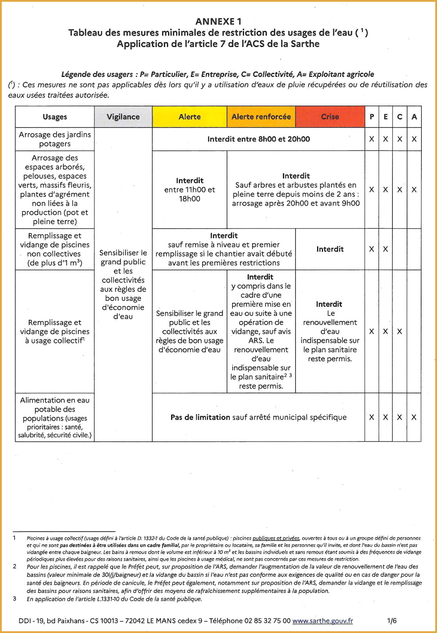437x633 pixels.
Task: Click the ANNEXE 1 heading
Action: coord(218,22)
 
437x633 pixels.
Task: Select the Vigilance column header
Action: coord(123,117)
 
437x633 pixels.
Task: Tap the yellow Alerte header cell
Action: coord(189,117)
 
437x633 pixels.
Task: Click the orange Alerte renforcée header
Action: coord(261,117)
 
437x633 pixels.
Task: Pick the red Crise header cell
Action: coord(330,117)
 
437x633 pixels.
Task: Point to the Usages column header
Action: coord(55,117)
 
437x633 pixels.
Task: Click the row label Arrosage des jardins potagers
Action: coord(55,139)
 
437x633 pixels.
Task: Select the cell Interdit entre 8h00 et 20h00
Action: coord(258,139)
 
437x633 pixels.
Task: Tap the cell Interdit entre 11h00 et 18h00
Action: coord(189,189)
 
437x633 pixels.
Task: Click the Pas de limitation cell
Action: coord(258,417)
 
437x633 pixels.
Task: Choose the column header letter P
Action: coord(372,117)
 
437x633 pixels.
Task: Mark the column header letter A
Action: coord(414,117)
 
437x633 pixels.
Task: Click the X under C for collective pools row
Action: coord(400,331)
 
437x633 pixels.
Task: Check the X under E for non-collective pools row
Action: coord(386,249)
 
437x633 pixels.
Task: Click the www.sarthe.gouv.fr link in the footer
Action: coord(322,621)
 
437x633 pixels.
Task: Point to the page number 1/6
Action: coord(392,621)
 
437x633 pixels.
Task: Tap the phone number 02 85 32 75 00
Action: coord(267,621)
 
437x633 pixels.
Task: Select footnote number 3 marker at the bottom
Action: coord(14,599)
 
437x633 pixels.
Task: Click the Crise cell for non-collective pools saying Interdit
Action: coord(330,249)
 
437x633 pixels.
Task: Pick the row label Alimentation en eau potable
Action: coord(55,417)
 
